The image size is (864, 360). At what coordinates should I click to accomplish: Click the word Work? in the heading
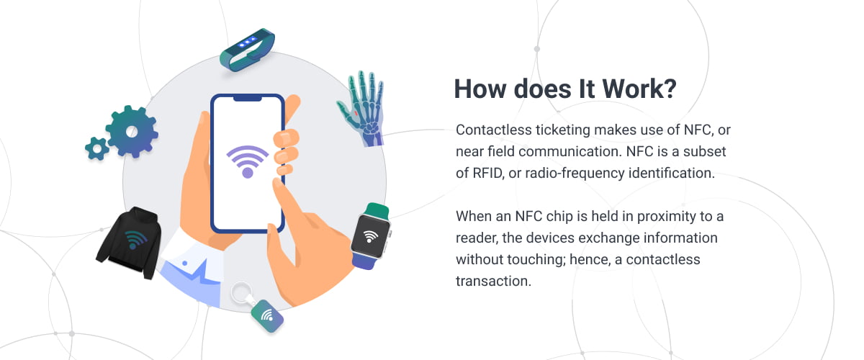click(639, 89)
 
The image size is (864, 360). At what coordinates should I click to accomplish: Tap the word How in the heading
click(480, 89)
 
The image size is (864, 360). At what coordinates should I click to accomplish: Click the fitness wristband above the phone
click(247, 50)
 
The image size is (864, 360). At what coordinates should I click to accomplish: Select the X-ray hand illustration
click(361, 108)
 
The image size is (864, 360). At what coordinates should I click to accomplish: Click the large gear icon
click(132, 132)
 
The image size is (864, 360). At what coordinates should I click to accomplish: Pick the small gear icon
click(96, 148)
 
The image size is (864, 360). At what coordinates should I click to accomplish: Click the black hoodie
click(129, 243)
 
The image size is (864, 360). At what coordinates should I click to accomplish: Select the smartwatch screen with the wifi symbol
click(370, 236)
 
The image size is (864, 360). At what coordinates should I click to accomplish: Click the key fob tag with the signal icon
click(267, 316)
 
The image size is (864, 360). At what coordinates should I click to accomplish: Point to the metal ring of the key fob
click(241, 293)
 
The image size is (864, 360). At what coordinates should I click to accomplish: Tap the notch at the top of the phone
click(247, 99)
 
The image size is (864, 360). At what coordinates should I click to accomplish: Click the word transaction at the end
click(493, 282)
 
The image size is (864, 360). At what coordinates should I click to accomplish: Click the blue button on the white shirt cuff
click(185, 263)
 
